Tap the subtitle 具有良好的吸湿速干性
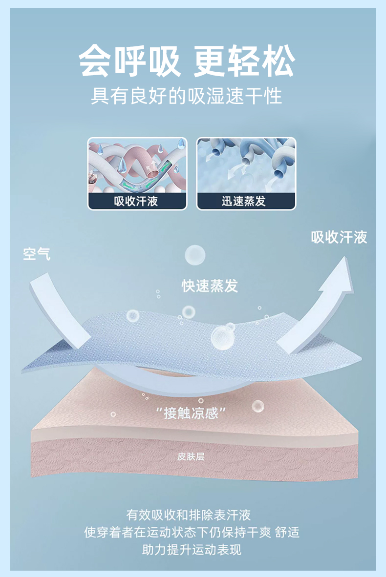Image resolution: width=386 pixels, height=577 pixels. pos(187,96)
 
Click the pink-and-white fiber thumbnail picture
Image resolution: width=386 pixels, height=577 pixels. pos(137,165)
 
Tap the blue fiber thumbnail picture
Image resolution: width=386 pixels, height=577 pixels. pos(246,165)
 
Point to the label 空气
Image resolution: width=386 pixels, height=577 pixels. pos(37,254)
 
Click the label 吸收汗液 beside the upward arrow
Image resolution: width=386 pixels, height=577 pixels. pos(339,238)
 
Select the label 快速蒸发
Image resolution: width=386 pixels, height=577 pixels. pos(210,286)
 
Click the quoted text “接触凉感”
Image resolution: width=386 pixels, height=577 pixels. pos(191,413)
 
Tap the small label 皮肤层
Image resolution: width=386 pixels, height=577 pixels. pos(191,457)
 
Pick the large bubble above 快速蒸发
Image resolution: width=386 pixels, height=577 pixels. pos(195,255)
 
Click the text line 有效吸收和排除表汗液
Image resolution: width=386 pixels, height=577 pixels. pos(189,515)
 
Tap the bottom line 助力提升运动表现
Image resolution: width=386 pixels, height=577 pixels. pos(192,550)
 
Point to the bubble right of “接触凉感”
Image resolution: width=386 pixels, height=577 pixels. pos(257,406)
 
